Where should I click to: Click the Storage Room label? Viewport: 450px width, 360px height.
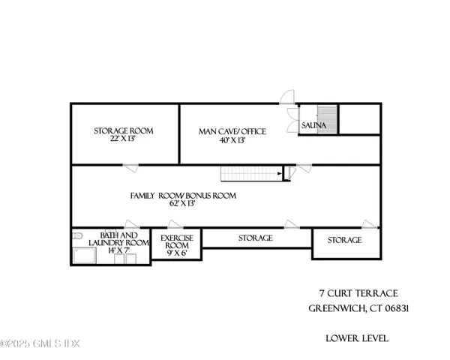(124, 130)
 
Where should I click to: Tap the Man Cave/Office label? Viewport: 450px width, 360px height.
(232, 131)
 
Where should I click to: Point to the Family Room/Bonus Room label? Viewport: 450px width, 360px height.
(183, 196)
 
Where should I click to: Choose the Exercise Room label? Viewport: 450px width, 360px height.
(178, 241)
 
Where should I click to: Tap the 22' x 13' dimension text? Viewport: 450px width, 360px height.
(124, 139)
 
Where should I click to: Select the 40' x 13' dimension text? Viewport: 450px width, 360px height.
(232, 140)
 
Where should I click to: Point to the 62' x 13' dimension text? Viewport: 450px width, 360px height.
(183, 205)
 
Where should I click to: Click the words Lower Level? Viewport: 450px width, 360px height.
(357, 338)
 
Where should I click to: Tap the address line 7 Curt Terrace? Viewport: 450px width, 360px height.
(358, 292)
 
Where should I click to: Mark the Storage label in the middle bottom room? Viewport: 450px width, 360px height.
(255, 238)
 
